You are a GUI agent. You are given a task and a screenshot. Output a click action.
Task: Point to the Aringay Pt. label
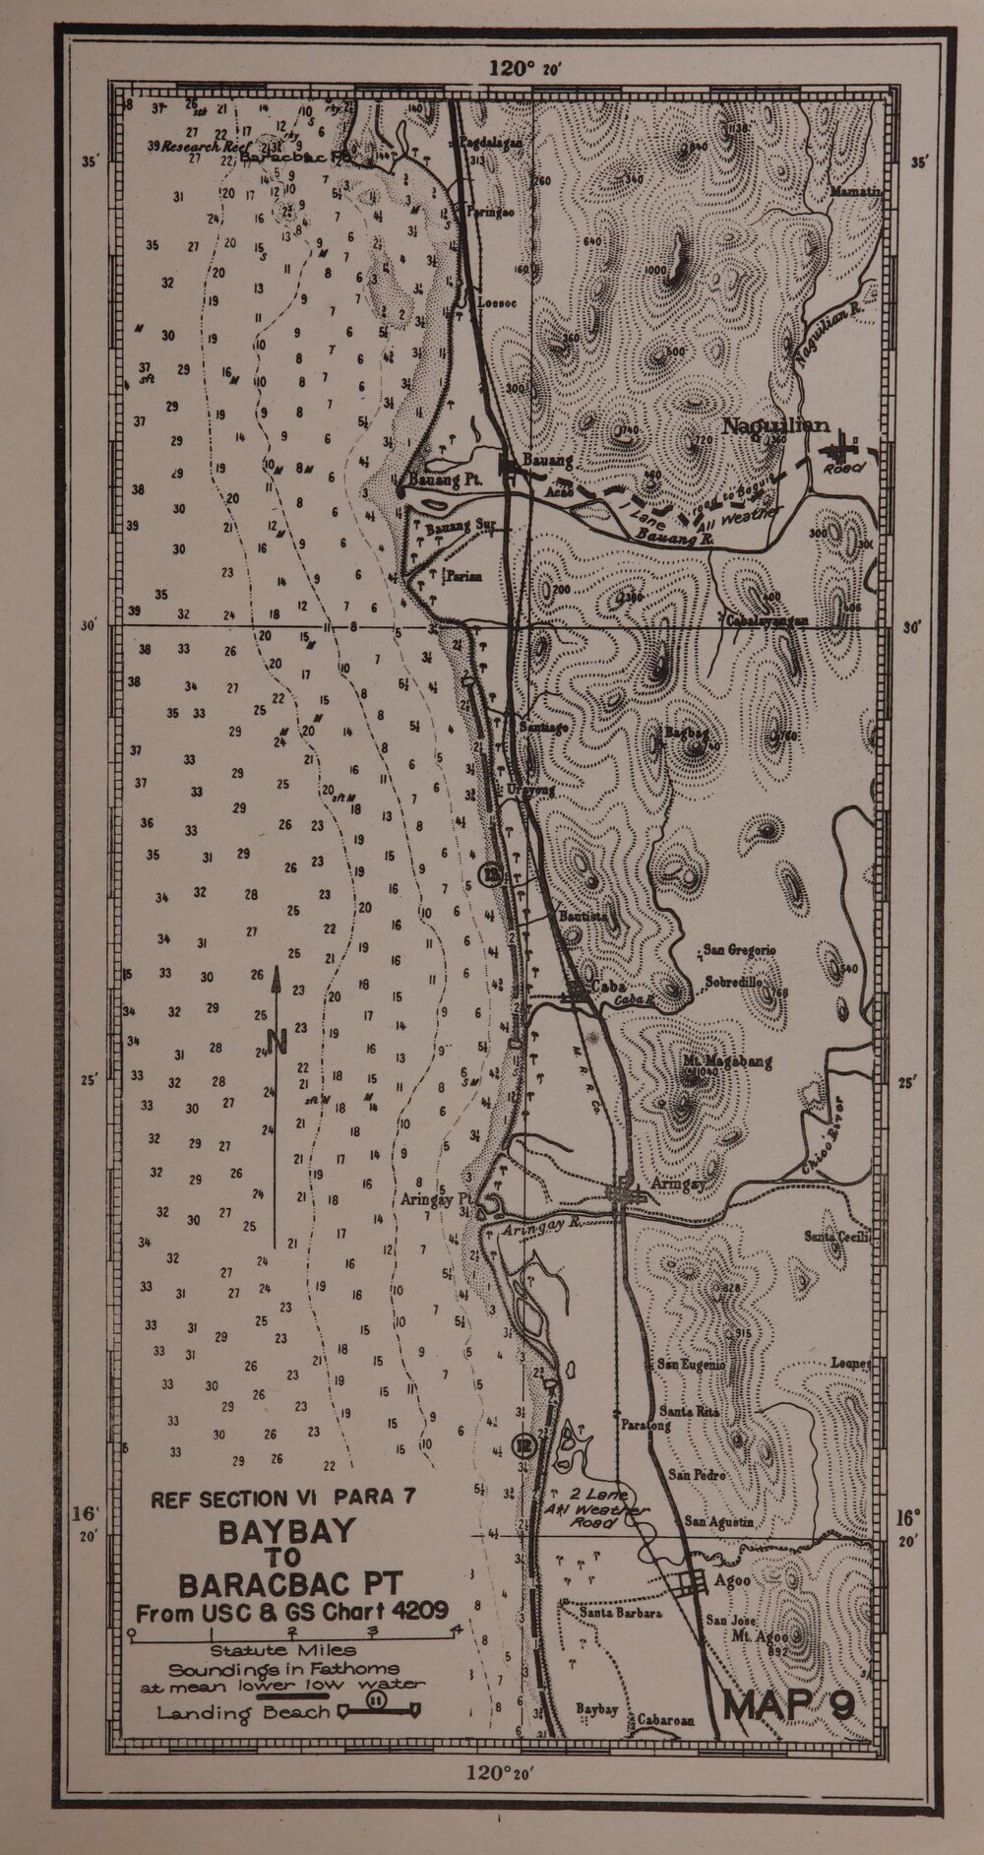pyautogui.click(x=438, y=1200)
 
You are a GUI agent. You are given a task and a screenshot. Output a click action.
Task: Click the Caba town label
pyautogui.click(x=606, y=988)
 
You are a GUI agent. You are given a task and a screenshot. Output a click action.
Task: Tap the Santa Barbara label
pyautogui.click(x=619, y=1614)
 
